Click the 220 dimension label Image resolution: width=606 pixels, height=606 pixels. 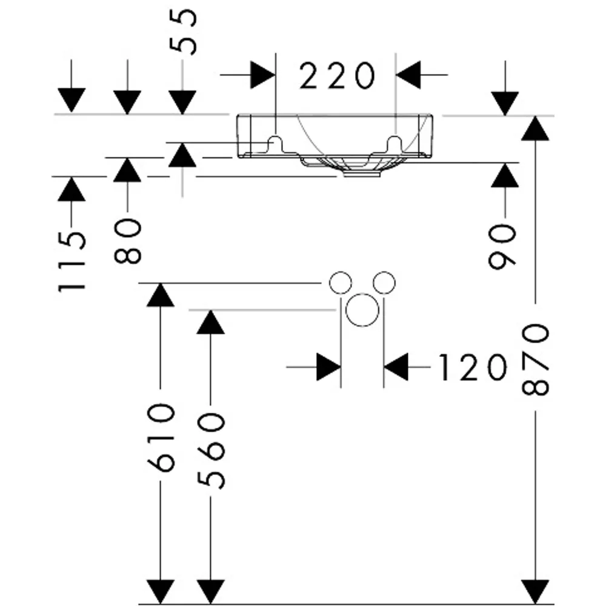tap(337, 75)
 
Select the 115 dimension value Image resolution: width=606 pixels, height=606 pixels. tap(72, 262)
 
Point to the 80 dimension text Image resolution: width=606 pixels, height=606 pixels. tap(128, 241)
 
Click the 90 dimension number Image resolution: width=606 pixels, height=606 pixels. tap(502, 246)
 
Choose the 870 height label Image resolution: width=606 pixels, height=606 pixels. tap(535, 360)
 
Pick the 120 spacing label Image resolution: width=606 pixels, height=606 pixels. tap(472, 367)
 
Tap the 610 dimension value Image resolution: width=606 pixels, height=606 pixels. tap(161, 437)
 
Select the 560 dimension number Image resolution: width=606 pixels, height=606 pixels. tap(211, 451)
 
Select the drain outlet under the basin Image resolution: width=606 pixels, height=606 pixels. tap(362, 174)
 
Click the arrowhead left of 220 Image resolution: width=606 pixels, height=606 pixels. tap(263, 75)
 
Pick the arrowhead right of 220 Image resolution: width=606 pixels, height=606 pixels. tap(408, 75)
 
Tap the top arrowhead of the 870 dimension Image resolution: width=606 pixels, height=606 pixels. tap(535, 128)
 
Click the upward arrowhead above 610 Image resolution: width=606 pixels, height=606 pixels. tap(161, 295)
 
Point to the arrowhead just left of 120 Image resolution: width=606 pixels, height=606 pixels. tap(328, 367)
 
